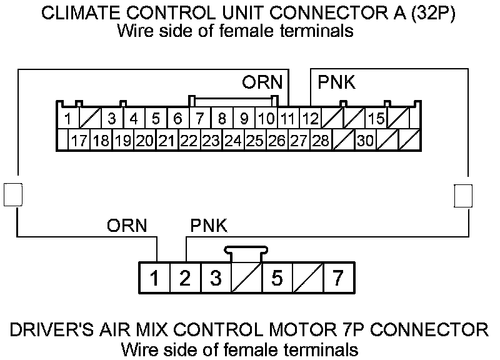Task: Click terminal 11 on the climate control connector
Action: click(x=288, y=117)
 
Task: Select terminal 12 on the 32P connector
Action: click(x=310, y=117)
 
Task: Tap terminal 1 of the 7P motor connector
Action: click(x=154, y=278)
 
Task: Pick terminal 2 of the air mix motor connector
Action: click(x=184, y=278)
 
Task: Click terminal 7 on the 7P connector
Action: click(x=338, y=278)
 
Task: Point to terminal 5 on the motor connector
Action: click(x=277, y=278)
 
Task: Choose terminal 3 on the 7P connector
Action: click(x=215, y=278)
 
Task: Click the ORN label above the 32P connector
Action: click(x=262, y=82)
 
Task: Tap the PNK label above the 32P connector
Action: click(x=337, y=82)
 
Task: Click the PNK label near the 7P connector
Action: click(x=208, y=226)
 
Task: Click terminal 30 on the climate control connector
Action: click(x=366, y=141)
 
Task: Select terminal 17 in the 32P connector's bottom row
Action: click(x=79, y=141)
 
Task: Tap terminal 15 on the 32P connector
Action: click(x=376, y=117)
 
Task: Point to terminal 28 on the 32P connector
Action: click(x=321, y=141)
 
